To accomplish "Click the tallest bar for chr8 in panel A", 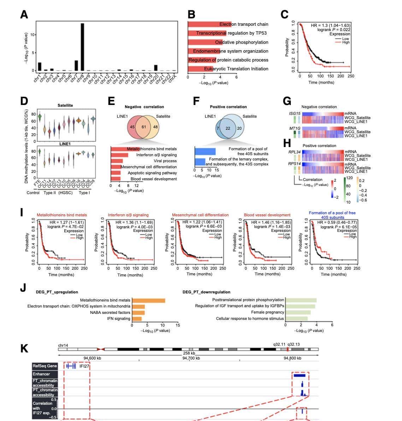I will [82, 47].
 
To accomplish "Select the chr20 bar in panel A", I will [156, 68].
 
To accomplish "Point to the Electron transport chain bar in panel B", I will [209, 24].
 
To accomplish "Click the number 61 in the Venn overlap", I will [143, 127].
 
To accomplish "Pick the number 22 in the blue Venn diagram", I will [228, 128].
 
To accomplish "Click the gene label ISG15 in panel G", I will [295, 113].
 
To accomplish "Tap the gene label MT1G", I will [295, 128].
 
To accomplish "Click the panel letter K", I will [24, 348].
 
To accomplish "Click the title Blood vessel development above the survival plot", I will [267, 215].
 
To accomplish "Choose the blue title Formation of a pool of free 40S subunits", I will [332, 215].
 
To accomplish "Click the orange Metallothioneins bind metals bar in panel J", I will [148, 300].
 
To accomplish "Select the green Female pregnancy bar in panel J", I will [298, 312].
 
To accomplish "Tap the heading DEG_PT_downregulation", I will [206, 292].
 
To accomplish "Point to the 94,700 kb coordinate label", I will [191, 358].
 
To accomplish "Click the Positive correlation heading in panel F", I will [228, 107].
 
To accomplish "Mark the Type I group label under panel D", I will [84, 193].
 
